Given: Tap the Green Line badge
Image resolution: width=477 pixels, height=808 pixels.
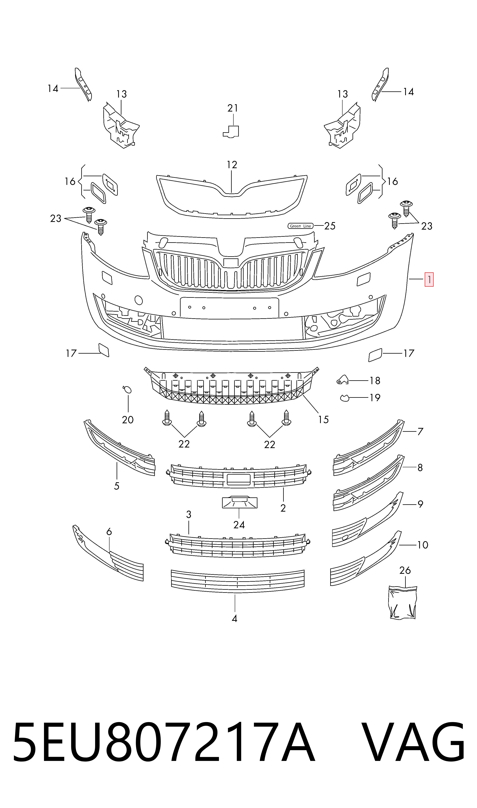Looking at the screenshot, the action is [x=300, y=226].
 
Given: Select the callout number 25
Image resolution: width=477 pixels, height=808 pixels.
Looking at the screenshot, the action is [x=330, y=226].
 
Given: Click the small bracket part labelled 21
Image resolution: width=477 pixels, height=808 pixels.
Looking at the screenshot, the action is [x=231, y=131].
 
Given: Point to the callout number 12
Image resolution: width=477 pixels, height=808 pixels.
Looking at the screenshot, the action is [x=232, y=165].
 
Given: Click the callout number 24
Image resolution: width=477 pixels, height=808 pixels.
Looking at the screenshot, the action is [x=239, y=525].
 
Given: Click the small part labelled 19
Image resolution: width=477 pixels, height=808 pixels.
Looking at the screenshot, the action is [x=345, y=398].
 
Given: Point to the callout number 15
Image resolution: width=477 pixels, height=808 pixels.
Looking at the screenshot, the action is [x=323, y=419].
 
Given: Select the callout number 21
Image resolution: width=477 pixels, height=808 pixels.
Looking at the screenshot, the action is [x=233, y=108].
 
